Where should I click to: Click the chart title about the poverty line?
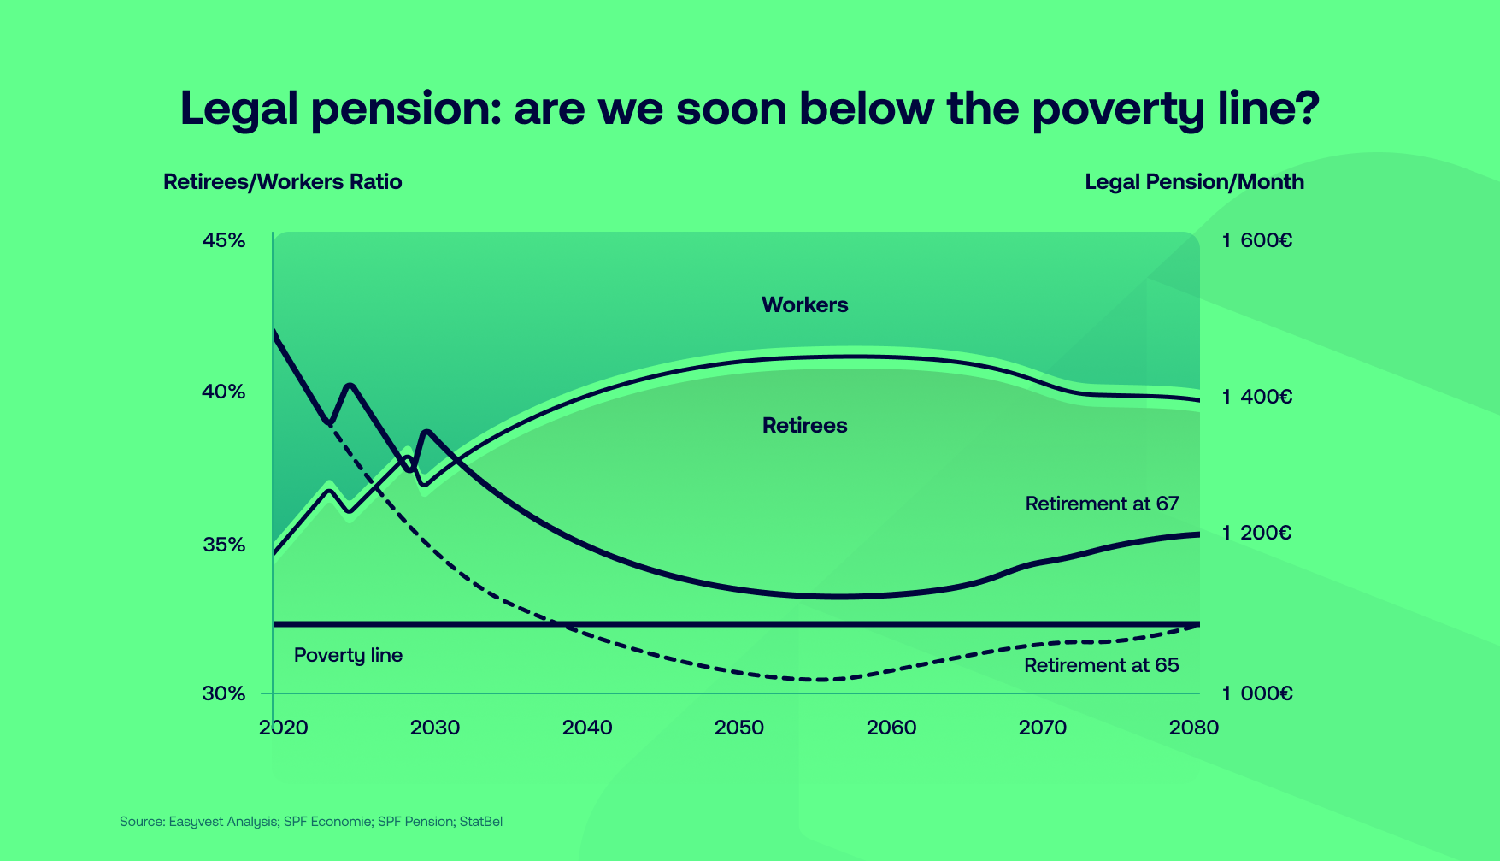pyautogui.click(x=750, y=109)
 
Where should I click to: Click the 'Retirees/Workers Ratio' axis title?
pyautogui.click(x=282, y=182)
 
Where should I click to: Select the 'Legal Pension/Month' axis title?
pyautogui.click(x=1194, y=182)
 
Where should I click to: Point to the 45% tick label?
pyautogui.click(x=224, y=240)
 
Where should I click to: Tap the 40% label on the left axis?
pyautogui.click(x=224, y=392)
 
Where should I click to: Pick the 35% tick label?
pyautogui.click(x=224, y=545)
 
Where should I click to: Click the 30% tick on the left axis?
pyautogui.click(x=224, y=693)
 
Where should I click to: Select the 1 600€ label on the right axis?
pyautogui.click(x=1256, y=240)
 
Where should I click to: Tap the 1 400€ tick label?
pyautogui.click(x=1256, y=397)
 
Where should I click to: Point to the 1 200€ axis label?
pyautogui.click(x=1256, y=534)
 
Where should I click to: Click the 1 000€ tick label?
pyautogui.click(x=1256, y=693)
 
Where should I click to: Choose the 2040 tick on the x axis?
pyautogui.click(x=587, y=728)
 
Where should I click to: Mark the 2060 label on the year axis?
pyautogui.click(x=891, y=728)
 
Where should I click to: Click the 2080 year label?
pyautogui.click(x=1194, y=728)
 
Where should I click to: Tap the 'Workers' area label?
pyautogui.click(x=804, y=305)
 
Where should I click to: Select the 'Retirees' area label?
pyautogui.click(x=804, y=426)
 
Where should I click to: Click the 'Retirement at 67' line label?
pyautogui.click(x=1102, y=504)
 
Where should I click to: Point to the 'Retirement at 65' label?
pyautogui.click(x=1101, y=666)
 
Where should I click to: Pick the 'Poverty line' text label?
pyautogui.click(x=348, y=656)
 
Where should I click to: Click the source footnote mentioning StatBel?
pyautogui.click(x=311, y=822)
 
